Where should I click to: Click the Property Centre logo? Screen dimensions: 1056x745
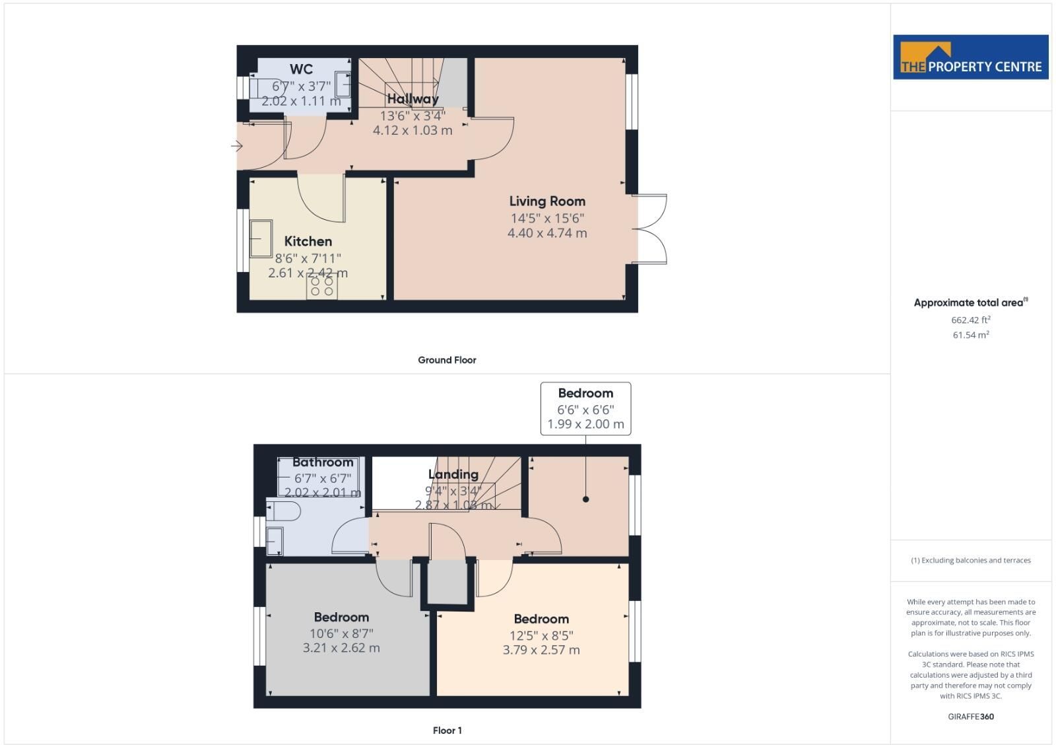[x=971, y=57]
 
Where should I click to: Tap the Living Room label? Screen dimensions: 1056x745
[x=547, y=201]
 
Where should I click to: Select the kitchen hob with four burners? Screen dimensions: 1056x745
[x=322, y=287]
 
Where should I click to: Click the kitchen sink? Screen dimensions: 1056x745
[x=261, y=238]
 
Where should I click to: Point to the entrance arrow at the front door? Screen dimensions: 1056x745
[x=237, y=146]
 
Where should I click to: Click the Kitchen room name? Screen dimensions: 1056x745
[x=308, y=242]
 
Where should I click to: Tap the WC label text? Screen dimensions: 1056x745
[x=301, y=69]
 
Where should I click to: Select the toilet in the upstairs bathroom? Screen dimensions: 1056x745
[x=283, y=511]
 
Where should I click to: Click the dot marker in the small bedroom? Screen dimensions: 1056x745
[x=585, y=499]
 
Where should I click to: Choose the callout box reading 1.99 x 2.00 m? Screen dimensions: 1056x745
[x=585, y=409]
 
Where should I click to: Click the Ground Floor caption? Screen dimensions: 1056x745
[x=447, y=360]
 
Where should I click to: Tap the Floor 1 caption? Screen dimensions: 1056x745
[x=447, y=730]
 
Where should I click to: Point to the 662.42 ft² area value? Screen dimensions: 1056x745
[x=971, y=320]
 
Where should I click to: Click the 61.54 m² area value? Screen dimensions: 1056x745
[x=971, y=335]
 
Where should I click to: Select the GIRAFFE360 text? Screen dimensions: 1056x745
[x=971, y=717]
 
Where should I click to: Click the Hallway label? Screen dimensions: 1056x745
[x=412, y=99]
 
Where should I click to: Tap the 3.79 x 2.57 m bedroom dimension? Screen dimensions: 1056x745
[x=541, y=650]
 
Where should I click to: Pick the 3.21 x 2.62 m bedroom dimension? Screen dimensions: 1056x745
[x=341, y=649]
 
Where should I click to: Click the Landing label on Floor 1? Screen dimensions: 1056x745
[x=453, y=475]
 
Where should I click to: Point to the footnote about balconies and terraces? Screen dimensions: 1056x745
[x=971, y=561]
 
